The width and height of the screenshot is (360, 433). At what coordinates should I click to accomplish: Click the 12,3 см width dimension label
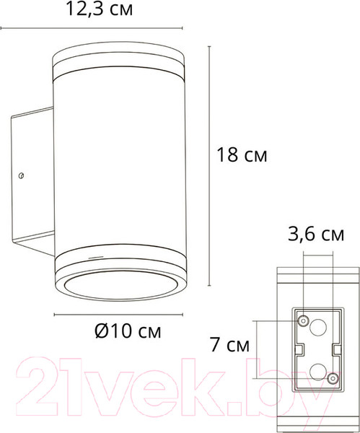(x=100, y=9)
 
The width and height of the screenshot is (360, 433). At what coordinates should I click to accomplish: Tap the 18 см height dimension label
(x=242, y=155)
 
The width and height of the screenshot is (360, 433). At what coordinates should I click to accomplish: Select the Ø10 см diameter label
(x=128, y=331)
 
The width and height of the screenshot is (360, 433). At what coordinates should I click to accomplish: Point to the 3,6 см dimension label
(x=316, y=235)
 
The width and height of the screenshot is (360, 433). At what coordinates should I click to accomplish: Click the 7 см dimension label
(x=229, y=345)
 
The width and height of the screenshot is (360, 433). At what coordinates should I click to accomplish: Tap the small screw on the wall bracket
(x=21, y=175)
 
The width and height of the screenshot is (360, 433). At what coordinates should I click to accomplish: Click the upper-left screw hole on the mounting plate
(x=303, y=321)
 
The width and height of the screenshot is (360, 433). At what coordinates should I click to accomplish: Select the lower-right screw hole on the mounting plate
(x=333, y=379)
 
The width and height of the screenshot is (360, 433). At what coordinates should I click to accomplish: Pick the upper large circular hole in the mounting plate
(x=318, y=328)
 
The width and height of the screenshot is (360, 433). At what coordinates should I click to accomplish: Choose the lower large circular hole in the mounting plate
(x=318, y=372)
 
